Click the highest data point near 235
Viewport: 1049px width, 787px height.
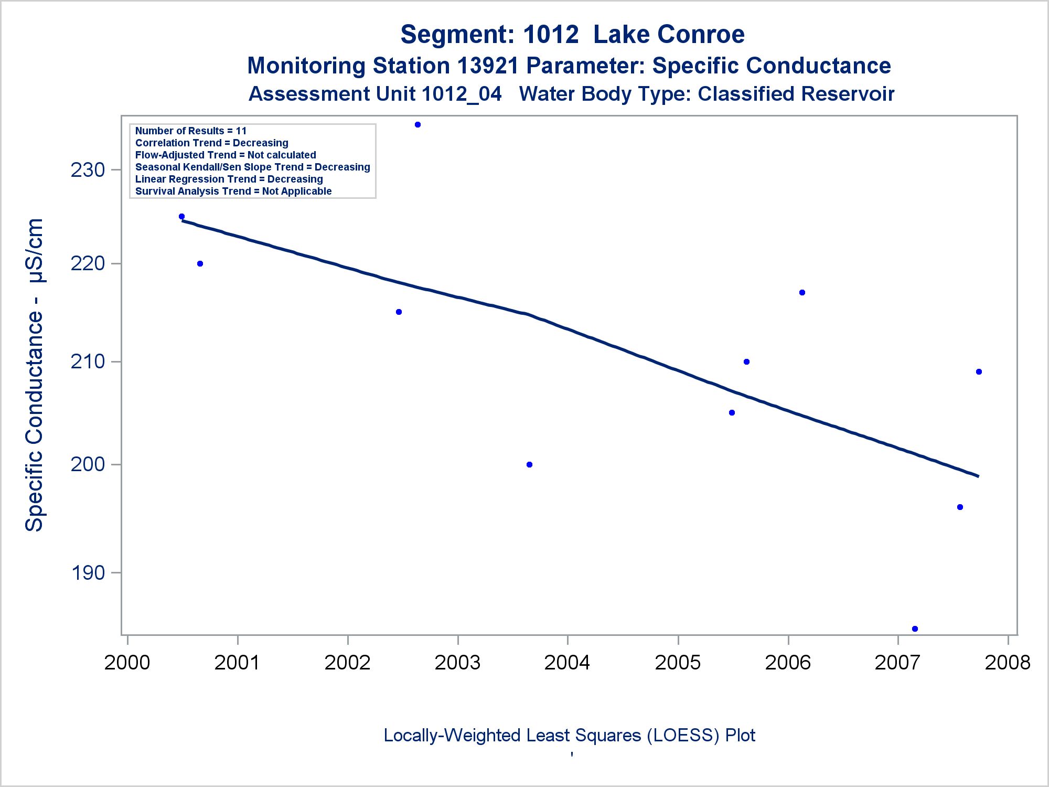click(418, 125)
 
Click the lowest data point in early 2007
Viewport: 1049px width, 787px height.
click(915, 629)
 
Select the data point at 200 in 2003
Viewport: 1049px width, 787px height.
click(529, 464)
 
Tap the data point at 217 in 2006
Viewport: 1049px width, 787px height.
click(802, 292)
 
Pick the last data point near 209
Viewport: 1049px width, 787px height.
click(979, 371)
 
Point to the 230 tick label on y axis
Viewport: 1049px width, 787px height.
click(88, 170)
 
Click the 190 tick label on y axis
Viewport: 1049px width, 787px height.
click(88, 573)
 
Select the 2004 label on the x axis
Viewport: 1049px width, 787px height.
click(567, 663)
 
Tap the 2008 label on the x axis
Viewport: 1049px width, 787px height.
click(1008, 663)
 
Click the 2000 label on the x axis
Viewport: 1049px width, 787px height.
click(127, 663)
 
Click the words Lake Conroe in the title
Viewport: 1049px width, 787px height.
click(669, 35)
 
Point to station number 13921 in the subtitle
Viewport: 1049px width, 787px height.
click(488, 66)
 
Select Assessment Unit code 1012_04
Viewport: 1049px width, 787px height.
click(461, 94)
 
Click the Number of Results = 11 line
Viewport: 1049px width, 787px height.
click(191, 131)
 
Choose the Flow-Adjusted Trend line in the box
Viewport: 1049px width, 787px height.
click(226, 155)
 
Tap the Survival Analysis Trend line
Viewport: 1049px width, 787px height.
click(233, 191)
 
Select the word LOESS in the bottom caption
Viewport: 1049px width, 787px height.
click(683, 736)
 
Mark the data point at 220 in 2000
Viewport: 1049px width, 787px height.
click(200, 263)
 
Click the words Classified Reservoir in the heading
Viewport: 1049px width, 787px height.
click(796, 94)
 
